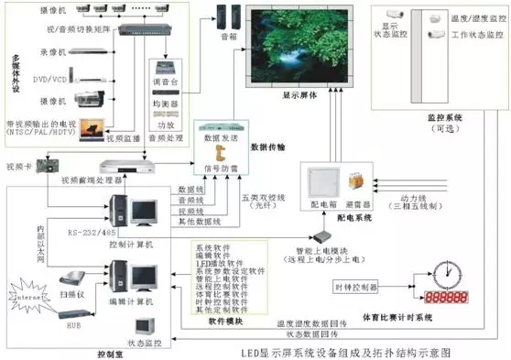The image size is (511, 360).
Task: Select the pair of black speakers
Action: click(229, 16)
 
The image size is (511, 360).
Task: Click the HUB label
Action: click(77, 324)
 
